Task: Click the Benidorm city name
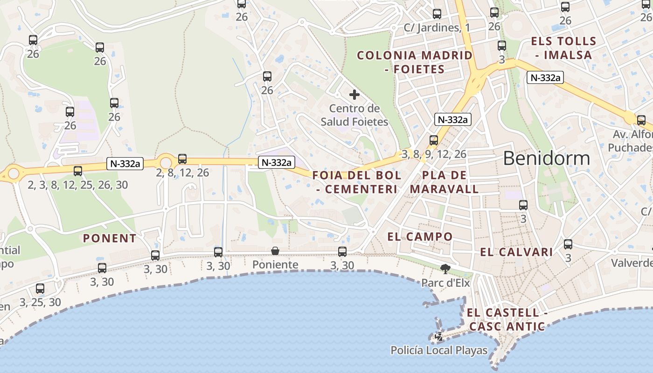pos(546,159)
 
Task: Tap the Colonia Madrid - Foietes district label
pos(415,62)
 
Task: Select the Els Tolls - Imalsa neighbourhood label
pos(563,48)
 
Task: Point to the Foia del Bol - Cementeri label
pos(357,182)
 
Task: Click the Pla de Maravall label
pos(444,182)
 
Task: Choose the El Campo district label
pos(420,236)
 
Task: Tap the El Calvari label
pos(516,252)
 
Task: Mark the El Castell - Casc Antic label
pos(507,319)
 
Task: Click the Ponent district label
pos(110,238)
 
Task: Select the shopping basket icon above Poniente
pos(275,251)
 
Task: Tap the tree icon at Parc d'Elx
pos(445,268)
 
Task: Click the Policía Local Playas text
pos(439,350)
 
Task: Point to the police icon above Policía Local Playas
pos(439,337)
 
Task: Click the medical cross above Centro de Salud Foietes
pos(354,95)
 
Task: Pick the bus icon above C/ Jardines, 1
pos(437,14)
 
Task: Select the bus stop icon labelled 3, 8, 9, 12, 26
pos(434,140)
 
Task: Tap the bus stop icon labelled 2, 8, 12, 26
pos(182,159)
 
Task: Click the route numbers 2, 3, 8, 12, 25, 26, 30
pos(77,185)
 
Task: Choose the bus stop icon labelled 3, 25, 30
pos(40,289)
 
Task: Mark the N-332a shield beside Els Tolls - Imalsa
pos(545,78)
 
